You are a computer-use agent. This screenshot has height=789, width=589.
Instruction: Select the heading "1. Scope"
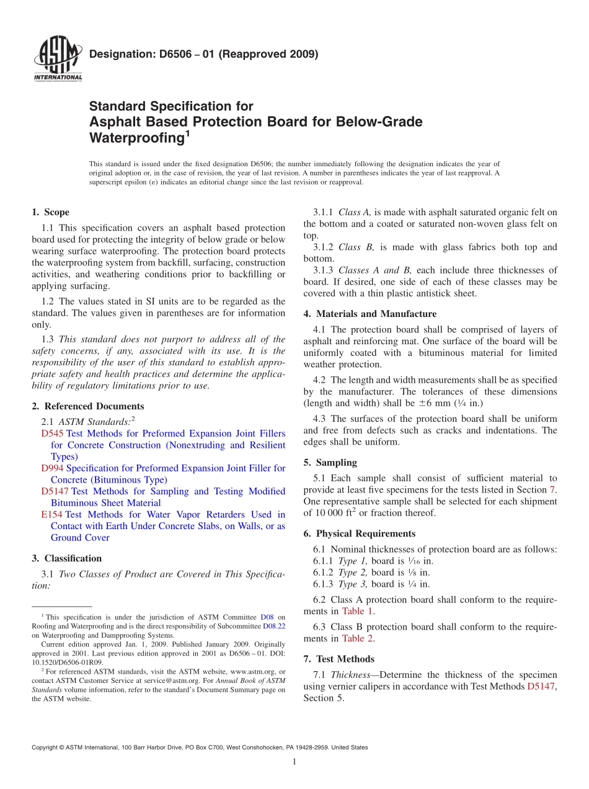(x=50, y=212)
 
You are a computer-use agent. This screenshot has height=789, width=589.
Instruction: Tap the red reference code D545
(x=52, y=434)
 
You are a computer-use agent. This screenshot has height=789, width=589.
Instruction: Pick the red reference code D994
(x=52, y=468)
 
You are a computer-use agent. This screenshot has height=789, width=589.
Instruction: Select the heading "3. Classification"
(x=66, y=558)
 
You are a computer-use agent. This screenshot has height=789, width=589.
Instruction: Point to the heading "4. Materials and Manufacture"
(x=370, y=314)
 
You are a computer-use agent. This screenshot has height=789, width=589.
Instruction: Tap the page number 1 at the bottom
(x=294, y=762)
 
